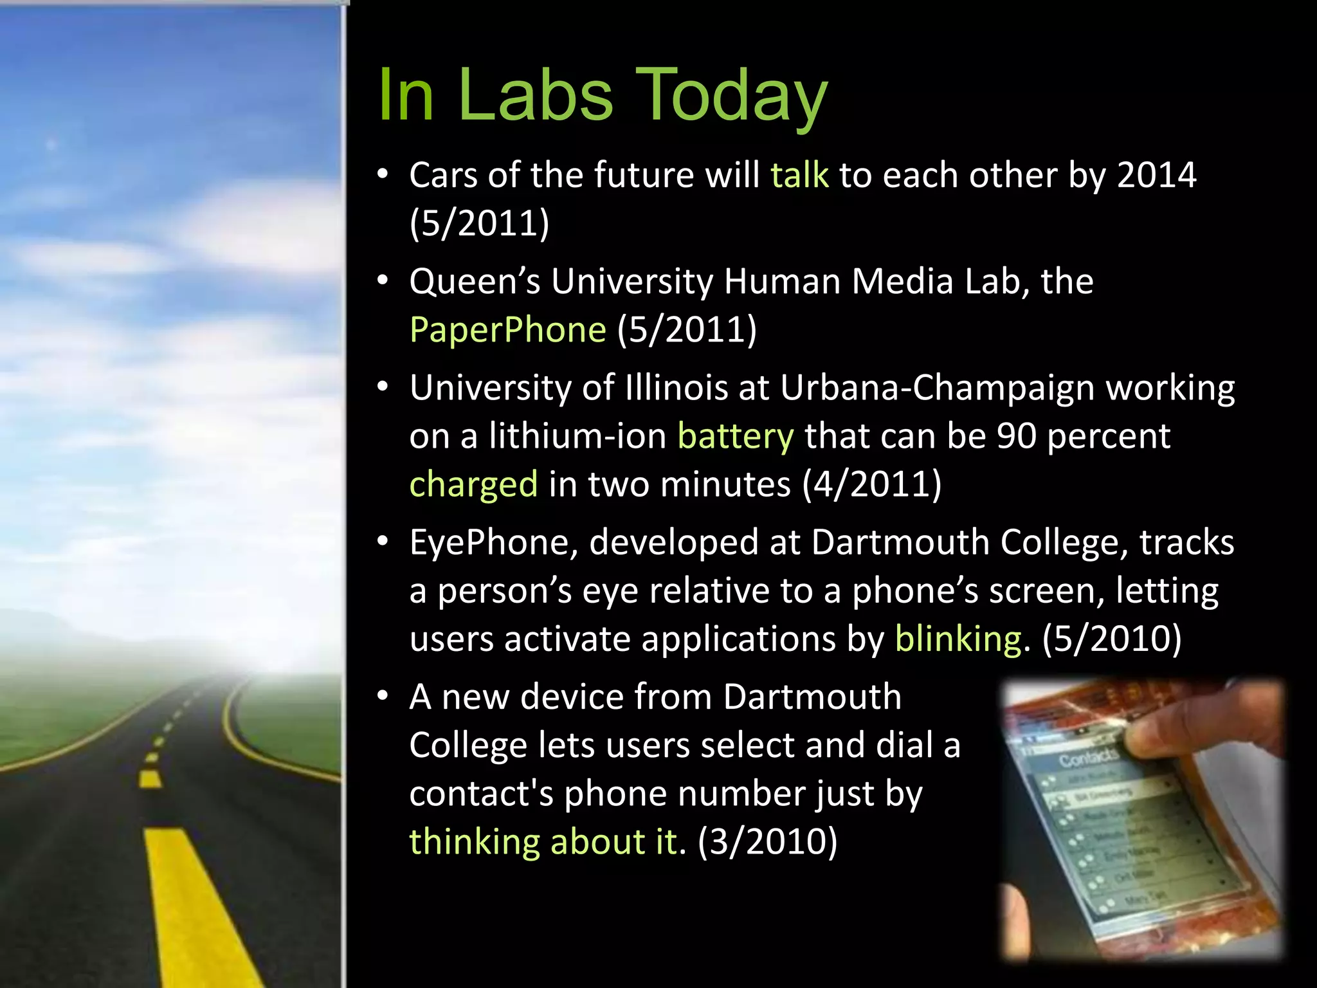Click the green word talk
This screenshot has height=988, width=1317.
tap(799, 175)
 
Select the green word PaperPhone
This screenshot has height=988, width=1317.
tap(507, 330)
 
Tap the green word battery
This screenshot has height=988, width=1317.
tap(736, 436)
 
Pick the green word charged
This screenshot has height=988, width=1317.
tap(473, 484)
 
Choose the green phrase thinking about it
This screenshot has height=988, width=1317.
tap(543, 842)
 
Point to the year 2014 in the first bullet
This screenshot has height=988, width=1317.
tap(1156, 175)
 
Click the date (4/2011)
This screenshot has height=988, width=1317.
tap(871, 484)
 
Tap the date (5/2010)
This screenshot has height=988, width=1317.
tap(1111, 639)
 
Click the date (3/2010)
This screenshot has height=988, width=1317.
tap(767, 842)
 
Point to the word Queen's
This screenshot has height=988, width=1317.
tap(475, 282)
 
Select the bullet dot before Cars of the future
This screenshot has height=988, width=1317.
tap(383, 175)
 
